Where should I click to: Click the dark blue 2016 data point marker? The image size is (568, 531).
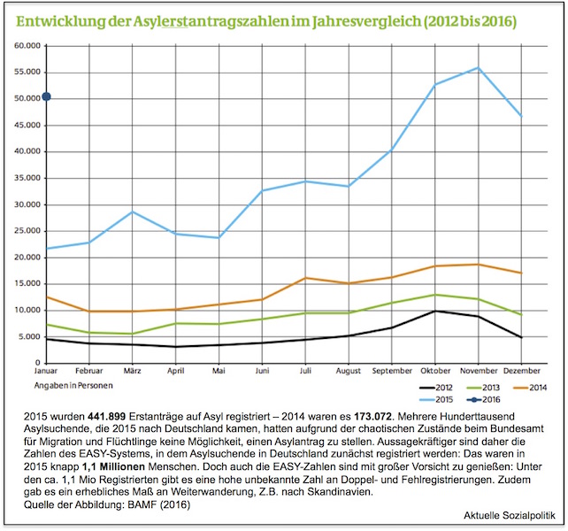click(x=47, y=96)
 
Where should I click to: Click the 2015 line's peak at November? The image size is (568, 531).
click(x=479, y=67)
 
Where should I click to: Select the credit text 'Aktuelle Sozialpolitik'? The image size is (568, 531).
click(x=508, y=515)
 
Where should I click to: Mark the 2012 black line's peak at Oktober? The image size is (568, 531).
click(x=435, y=311)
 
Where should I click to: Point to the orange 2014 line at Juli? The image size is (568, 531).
click(x=304, y=278)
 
